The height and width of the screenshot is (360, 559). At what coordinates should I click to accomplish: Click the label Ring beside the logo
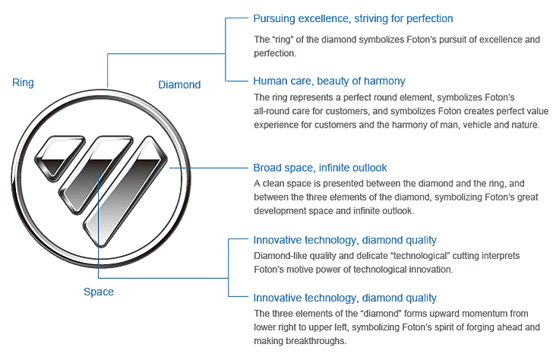pos(23,83)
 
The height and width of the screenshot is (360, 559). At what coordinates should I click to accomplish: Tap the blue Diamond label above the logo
pos(179,84)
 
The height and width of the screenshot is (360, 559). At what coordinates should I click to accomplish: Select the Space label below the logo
pos(99,292)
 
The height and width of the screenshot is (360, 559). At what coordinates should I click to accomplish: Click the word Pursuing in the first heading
pos(275,18)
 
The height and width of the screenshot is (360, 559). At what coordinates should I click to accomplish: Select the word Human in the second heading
pos(270,81)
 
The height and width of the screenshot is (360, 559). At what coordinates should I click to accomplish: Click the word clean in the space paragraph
pos(277,184)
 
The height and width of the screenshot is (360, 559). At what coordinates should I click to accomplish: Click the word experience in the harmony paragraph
pos(279,125)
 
